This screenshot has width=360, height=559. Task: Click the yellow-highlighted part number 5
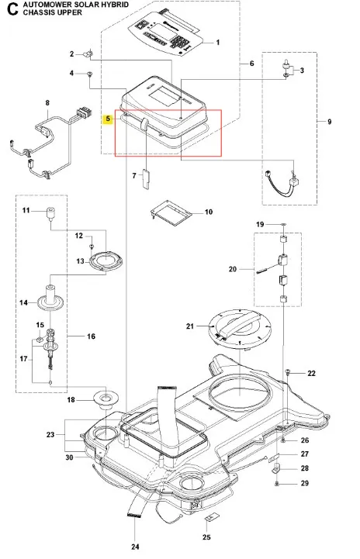coord(108,119)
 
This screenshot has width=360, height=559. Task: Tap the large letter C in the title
coord(12,9)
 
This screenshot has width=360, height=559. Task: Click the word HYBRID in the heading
coord(116,5)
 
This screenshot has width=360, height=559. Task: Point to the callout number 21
coord(190,326)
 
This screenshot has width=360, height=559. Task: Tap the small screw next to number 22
coord(288,373)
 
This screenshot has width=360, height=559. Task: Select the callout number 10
coord(209,212)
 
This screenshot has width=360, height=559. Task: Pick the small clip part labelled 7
coord(147,179)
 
